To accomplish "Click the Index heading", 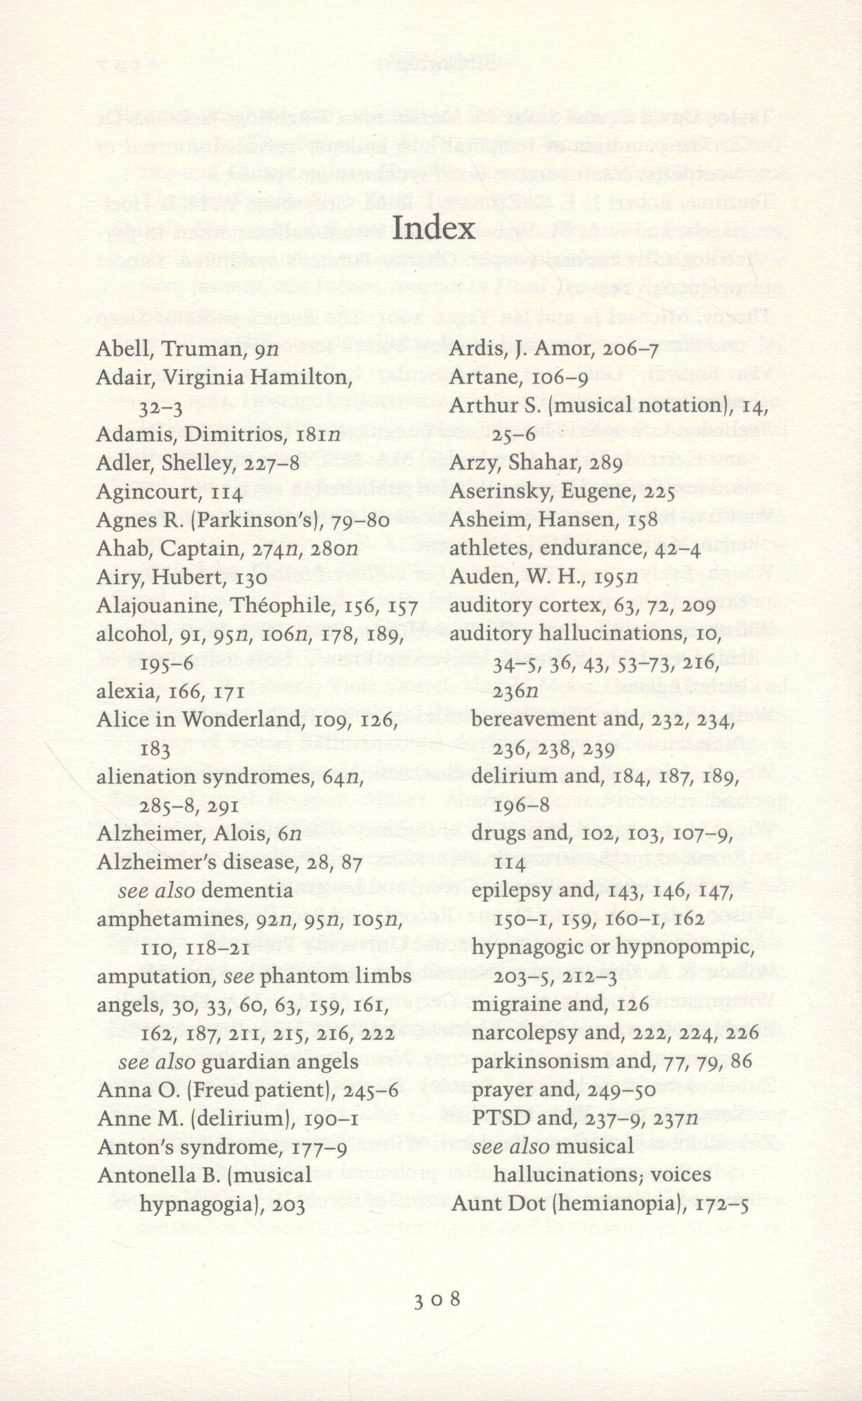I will (433, 228).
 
